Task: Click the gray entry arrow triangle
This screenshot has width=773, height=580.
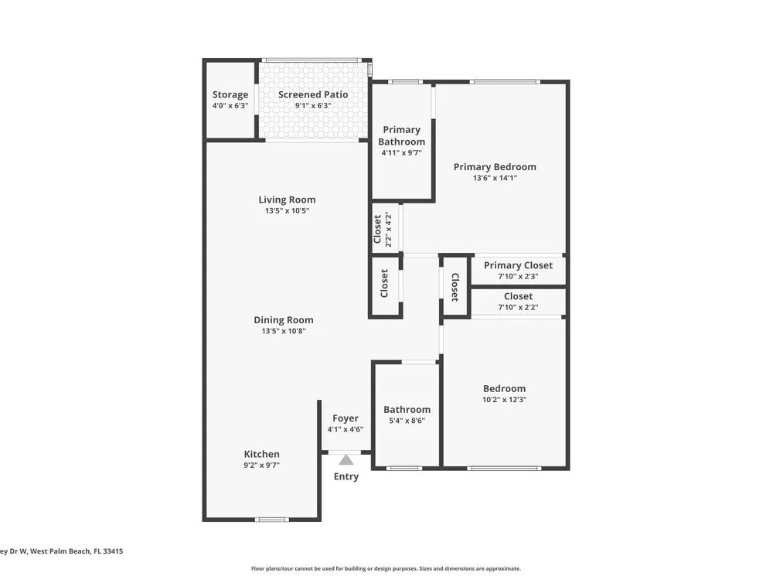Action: coord(346,460)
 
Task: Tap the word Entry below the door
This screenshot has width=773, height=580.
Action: coord(346,476)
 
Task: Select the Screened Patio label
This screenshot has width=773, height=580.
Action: coord(313,94)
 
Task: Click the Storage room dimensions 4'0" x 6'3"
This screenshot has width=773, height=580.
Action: coord(230,105)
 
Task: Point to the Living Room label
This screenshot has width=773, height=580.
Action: coord(287,200)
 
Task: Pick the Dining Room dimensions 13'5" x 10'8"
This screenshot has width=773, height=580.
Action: coord(284,331)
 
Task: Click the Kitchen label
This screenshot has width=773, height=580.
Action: coord(262,454)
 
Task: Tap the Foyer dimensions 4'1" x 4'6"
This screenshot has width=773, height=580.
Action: coord(346,429)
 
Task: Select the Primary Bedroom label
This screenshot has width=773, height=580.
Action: coord(495,167)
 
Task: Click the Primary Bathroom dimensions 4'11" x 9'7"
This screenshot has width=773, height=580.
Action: coord(402,153)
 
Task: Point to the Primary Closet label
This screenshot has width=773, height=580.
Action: coord(518,265)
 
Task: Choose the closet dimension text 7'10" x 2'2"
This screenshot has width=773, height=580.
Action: coord(518,307)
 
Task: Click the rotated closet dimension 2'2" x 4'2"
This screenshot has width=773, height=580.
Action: coord(389,230)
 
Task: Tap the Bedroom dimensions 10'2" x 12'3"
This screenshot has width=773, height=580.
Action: coord(504,400)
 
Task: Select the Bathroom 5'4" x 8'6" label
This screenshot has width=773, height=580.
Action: coord(407,415)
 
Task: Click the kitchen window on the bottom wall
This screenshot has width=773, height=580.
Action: coord(272,520)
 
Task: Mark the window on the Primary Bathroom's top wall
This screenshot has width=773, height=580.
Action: coord(405,82)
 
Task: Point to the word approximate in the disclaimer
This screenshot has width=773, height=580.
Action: coord(502,568)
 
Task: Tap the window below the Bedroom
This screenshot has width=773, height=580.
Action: coord(504,468)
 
